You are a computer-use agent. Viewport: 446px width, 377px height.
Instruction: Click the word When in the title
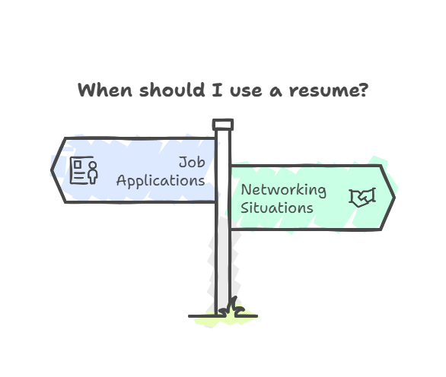[x=105, y=90]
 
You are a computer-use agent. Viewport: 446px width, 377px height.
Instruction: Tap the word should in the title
[x=172, y=90]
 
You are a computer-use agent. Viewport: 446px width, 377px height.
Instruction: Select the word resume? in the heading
[x=329, y=90]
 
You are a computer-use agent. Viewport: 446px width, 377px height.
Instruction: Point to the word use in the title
[x=246, y=91]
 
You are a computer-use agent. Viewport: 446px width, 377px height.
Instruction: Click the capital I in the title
[x=217, y=90]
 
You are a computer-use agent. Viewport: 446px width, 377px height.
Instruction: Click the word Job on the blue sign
[x=192, y=163]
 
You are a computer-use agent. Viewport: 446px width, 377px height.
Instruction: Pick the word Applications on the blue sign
[x=161, y=181]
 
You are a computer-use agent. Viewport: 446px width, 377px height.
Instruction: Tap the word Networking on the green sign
[x=284, y=190]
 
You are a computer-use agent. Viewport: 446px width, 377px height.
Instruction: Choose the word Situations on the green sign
[x=277, y=208]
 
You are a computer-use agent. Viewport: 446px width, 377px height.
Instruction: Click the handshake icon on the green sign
[x=362, y=198]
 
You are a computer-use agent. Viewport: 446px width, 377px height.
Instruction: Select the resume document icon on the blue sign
[x=84, y=170]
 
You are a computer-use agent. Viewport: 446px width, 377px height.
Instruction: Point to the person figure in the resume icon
[x=93, y=173]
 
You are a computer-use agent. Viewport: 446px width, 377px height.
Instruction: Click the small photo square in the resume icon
[x=78, y=164]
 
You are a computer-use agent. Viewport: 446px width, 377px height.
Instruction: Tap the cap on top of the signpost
[x=223, y=125]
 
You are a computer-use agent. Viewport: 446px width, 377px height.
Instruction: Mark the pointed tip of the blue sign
[x=51, y=170]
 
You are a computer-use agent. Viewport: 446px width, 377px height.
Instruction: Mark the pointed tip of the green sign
[x=395, y=198]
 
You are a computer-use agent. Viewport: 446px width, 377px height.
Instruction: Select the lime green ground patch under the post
[x=226, y=319]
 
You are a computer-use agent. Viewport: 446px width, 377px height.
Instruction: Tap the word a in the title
[x=276, y=92]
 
